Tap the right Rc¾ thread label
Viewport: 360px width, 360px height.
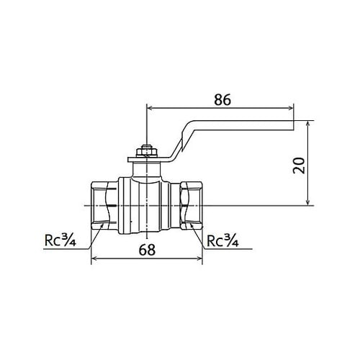(225, 240)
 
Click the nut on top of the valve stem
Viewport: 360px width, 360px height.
(146, 151)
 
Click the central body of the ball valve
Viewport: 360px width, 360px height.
(146, 205)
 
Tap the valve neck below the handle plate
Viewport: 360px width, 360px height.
(146, 169)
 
